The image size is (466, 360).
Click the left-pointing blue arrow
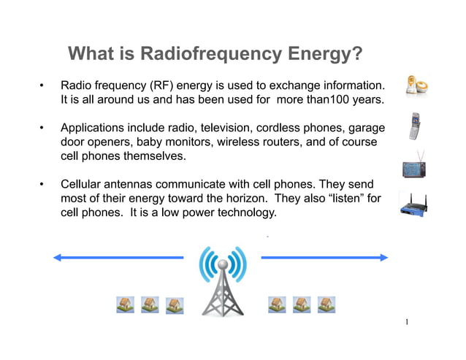point(117,257)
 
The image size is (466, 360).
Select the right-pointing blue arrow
point(324,257)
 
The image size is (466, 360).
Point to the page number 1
point(407,322)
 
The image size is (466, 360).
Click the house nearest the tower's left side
point(175,305)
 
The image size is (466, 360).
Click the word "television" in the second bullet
point(230,127)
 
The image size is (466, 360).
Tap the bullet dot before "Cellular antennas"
point(43,183)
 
